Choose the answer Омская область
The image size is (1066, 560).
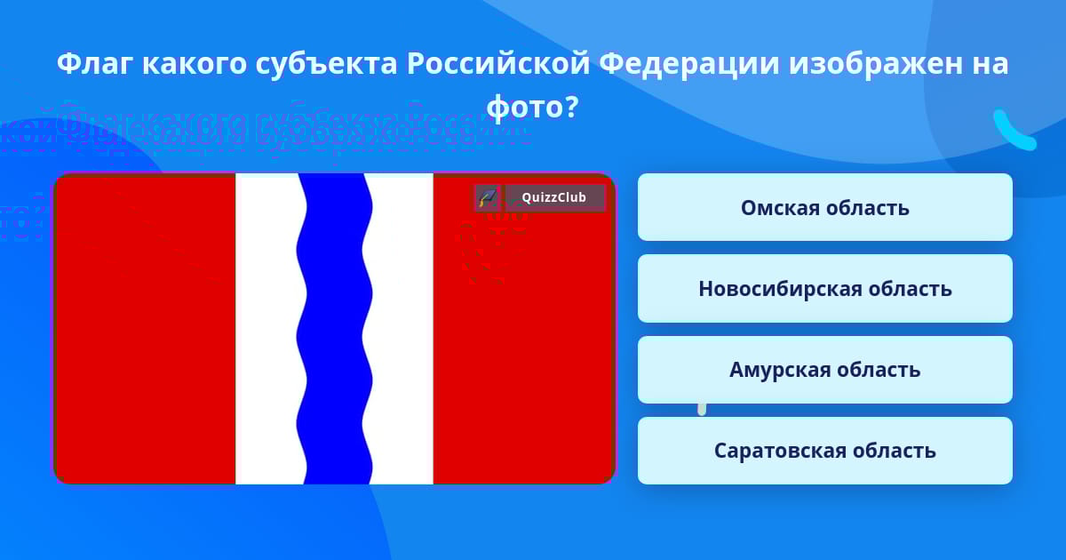824,207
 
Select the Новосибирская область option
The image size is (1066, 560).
824,289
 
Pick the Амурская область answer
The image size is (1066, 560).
824,370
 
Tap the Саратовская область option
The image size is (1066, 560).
824,451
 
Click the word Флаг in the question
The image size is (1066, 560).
93,64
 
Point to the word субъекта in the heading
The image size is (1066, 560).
326,64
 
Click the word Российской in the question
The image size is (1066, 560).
498,64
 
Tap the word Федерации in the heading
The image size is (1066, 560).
689,64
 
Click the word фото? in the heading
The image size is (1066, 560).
532,107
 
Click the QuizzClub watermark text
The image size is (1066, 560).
554,197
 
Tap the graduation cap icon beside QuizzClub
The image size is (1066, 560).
488,197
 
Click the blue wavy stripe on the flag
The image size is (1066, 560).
334,329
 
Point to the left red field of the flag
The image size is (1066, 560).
145,329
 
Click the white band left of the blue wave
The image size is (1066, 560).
266,329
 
